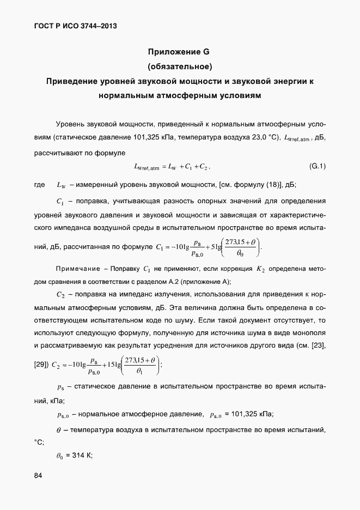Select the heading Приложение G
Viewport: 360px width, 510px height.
tap(179, 52)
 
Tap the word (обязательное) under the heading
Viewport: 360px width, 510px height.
tap(179, 67)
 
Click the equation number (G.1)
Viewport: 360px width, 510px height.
tap(318, 166)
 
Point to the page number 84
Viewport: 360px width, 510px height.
tap(38, 476)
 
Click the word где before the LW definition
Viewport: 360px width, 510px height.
tap(39, 185)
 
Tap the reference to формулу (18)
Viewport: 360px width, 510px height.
tap(251, 185)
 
